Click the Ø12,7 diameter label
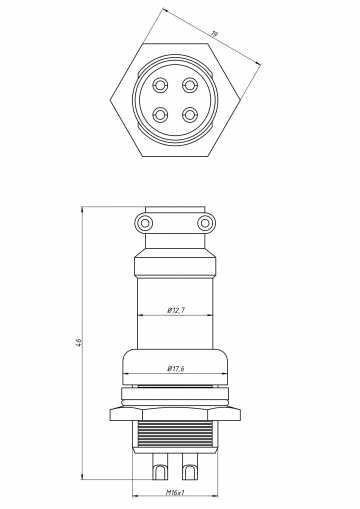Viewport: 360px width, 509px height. pyautogui.click(x=177, y=309)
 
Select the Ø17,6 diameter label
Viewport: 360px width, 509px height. pyautogui.click(x=177, y=368)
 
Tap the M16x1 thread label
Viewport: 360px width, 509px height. pyautogui.click(x=177, y=492)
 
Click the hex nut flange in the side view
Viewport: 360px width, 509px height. pyautogui.click(x=176, y=411)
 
